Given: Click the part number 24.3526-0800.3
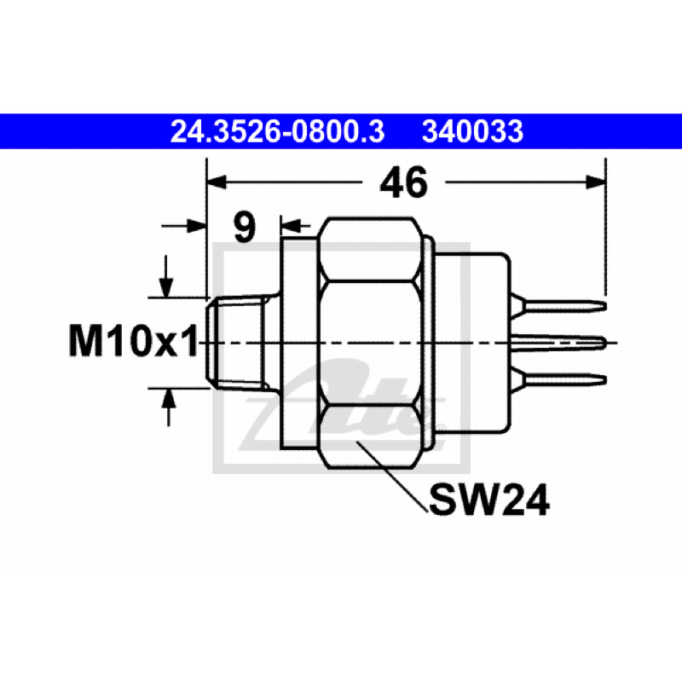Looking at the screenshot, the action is [278, 132].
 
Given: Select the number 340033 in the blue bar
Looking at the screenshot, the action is [472, 132].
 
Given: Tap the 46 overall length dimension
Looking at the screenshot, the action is [403, 182].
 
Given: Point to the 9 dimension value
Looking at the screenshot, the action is [245, 228].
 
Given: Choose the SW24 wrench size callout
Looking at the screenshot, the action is [489, 500].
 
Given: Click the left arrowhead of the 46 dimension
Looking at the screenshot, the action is [217, 182].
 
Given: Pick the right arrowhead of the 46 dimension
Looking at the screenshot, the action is [596, 182].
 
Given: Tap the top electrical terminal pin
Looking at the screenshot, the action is [559, 306].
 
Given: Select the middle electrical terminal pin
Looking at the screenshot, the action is [559, 343].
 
